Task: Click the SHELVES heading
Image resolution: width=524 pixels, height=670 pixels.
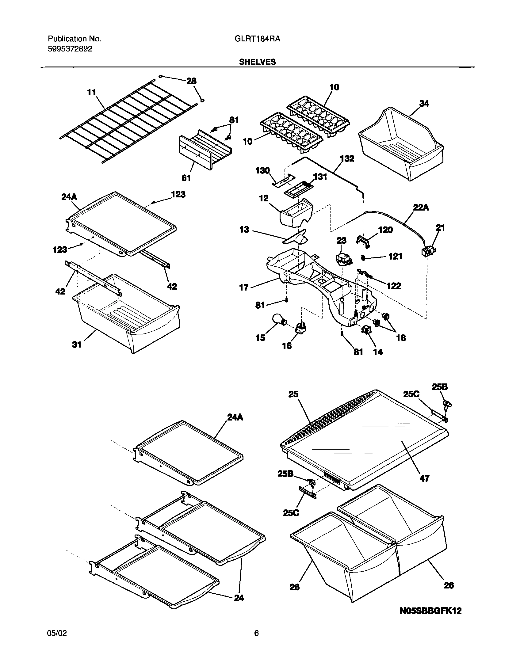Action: point(257,62)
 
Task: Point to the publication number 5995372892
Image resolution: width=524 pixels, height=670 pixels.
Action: point(70,49)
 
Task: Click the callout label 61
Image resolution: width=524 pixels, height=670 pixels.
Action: point(186,178)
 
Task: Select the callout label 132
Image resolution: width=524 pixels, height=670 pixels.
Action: point(347,158)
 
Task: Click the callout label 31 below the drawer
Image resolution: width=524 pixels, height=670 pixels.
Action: point(76,345)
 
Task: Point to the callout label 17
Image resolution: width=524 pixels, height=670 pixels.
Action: point(244,287)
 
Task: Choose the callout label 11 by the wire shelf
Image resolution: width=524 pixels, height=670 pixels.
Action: point(91,92)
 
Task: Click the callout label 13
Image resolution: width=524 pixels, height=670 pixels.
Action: point(244,230)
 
